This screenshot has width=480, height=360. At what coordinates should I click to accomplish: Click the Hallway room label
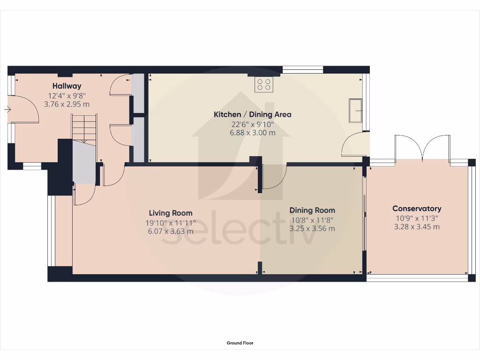67,86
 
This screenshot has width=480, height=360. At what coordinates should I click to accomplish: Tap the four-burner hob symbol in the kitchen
264,85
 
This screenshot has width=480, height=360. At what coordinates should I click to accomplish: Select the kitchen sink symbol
355,110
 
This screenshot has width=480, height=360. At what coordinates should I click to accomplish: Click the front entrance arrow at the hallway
7,109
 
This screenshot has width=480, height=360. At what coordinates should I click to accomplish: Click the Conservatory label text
417,209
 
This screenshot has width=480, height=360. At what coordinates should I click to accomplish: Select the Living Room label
171,213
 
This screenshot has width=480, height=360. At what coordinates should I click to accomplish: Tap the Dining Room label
312,210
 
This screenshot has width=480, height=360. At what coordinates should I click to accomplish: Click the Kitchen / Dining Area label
252,114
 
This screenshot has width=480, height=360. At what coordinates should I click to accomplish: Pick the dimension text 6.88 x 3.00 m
252,133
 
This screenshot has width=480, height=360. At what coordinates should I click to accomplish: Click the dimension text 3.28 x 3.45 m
417,227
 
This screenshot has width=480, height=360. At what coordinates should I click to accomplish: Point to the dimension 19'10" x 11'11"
171,222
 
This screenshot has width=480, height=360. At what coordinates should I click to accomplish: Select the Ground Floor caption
240,343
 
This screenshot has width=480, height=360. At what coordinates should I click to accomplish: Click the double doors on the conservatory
423,148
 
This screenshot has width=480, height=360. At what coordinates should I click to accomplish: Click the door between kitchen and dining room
274,177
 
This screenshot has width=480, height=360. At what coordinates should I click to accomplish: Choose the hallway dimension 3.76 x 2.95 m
67,104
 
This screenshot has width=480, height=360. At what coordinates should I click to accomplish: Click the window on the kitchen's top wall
303,70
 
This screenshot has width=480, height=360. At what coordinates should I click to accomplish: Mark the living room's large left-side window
51,231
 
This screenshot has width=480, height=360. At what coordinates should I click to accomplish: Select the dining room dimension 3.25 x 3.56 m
312,229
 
